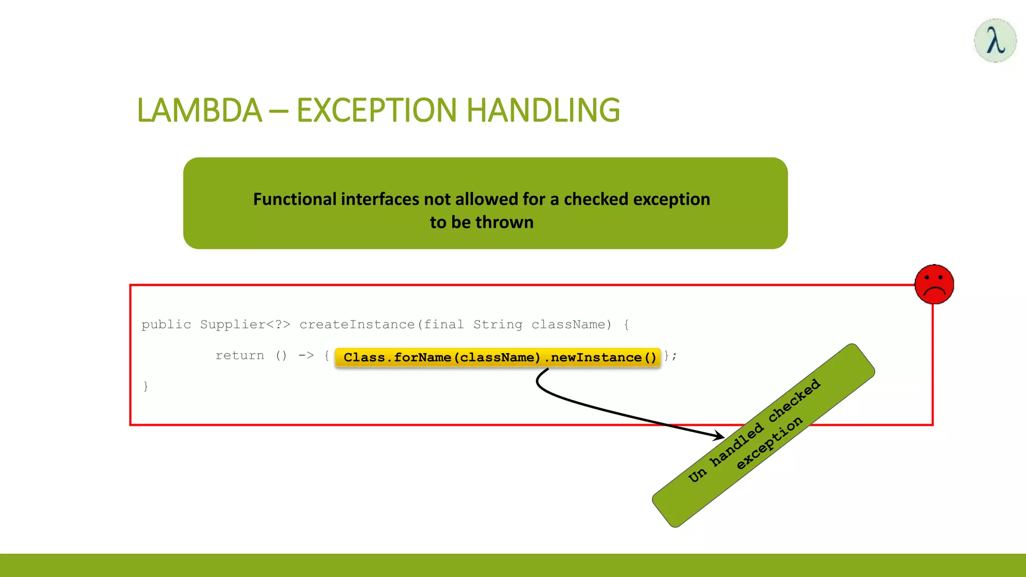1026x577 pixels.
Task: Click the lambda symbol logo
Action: pyautogui.click(x=995, y=41)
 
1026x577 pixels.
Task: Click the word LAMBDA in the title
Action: pyautogui.click(x=199, y=110)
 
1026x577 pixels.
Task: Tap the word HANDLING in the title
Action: pyautogui.click(x=543, y=110)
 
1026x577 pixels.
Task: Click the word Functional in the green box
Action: pyautogui.click(x=295, y=199)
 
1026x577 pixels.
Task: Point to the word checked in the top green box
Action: pyautogui.click(x=596, y=199)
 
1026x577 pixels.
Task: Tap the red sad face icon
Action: pyautogui.click(x=934, y=284)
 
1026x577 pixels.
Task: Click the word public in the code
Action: pyautogui.click(x=166, y=325)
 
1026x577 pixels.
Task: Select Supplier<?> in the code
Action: pyautogui.click(x=245, y=325)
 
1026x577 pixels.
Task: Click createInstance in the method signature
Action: pyautogui.click(x=357, y=325)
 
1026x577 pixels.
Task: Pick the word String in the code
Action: pyautogui.click(x=497, y=325)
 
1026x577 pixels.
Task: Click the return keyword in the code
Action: pyautogui.click(x=239, y=356)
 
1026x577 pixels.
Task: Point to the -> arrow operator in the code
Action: pyautogui.click(x=306, y=356)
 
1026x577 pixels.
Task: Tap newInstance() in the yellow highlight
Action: pyautogui.click(x=603, y=358)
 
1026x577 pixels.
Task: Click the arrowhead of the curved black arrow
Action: pyautogui.click(x=719, y=436)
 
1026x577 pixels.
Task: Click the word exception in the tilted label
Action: pyautogui.click(x=769, y=443)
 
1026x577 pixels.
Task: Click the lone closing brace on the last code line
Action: pyautogui.click(x=146, y=386)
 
